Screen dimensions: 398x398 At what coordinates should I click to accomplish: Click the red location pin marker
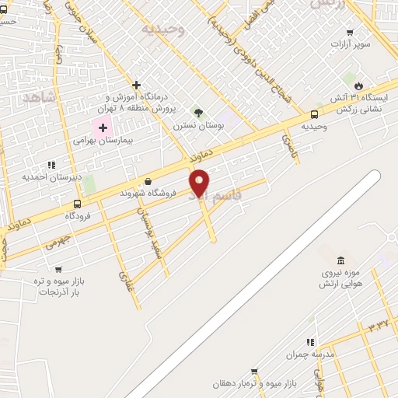200,182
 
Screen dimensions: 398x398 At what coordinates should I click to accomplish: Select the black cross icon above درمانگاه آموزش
137,85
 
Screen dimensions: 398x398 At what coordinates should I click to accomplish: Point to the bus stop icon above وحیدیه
314,113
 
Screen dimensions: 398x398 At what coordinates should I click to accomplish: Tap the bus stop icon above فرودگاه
77,204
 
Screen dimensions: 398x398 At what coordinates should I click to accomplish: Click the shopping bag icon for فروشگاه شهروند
148,181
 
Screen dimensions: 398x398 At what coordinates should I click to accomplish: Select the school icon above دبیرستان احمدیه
51,164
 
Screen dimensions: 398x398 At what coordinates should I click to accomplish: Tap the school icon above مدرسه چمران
310,342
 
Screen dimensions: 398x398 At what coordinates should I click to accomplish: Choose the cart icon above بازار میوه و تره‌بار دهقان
253,372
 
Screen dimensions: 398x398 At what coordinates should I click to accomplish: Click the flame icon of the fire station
358,85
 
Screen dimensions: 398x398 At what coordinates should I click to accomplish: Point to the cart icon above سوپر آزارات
350,32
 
